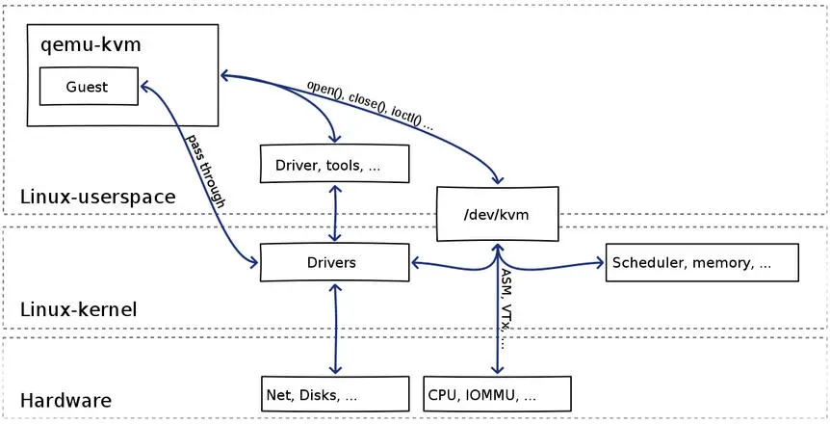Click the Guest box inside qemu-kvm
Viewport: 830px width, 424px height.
(x=88, y=87)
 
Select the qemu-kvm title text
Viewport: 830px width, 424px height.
(x=85, y=44)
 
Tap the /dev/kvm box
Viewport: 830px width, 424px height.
(x=497, y=214)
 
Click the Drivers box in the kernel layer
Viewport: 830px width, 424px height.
(x=332, y=262)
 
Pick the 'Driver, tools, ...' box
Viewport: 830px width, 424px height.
(x=335, y=165)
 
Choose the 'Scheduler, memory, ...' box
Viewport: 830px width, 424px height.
(x=702, y=262)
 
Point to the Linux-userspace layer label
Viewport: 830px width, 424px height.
(x=97, y=198)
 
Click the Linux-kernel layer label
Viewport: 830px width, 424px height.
(x=79, y=309)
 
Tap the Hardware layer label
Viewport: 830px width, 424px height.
(x=66, y=400)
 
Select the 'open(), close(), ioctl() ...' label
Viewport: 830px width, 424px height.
(x=371, y=105)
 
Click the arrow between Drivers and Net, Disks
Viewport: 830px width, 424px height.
(x=335, y=328)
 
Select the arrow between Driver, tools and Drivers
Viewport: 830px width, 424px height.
(x=335, y=213)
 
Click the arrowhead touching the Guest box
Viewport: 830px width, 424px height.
(x=144, y=86)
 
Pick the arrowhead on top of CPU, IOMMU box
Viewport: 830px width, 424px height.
(x=497, y=370)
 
